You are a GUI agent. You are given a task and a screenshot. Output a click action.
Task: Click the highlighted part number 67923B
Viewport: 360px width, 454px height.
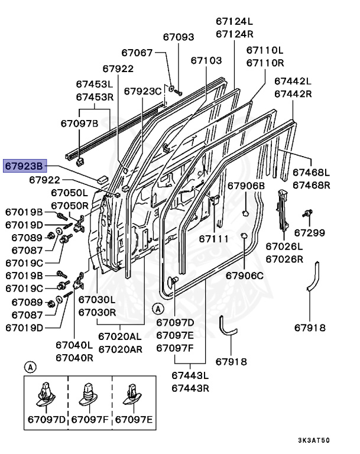tap(25, 167)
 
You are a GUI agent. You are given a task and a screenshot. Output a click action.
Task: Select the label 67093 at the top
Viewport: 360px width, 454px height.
tap(178, 37)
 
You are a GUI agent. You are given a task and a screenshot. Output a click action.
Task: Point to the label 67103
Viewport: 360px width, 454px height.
tap(206, 60)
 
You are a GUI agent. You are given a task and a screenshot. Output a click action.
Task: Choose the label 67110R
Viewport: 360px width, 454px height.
tap(264, 62)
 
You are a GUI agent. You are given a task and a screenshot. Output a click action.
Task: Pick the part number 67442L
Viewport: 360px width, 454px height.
tap(292, 80)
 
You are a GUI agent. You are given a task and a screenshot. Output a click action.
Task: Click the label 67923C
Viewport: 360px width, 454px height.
tap(142, 91)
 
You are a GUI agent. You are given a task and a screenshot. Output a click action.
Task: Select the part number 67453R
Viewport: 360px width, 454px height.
tap(95, 96)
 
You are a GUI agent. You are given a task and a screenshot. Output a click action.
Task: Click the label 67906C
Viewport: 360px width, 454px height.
tap(245, 275)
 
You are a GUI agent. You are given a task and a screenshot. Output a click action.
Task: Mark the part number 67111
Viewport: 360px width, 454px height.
tap(213, 238)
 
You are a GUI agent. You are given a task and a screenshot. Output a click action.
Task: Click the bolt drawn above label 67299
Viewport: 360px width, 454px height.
tap(307, 213)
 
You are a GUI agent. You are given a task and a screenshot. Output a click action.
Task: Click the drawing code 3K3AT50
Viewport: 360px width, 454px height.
tap(314, 440)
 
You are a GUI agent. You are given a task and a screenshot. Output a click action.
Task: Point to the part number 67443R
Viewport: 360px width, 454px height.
tap(191, 388)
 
